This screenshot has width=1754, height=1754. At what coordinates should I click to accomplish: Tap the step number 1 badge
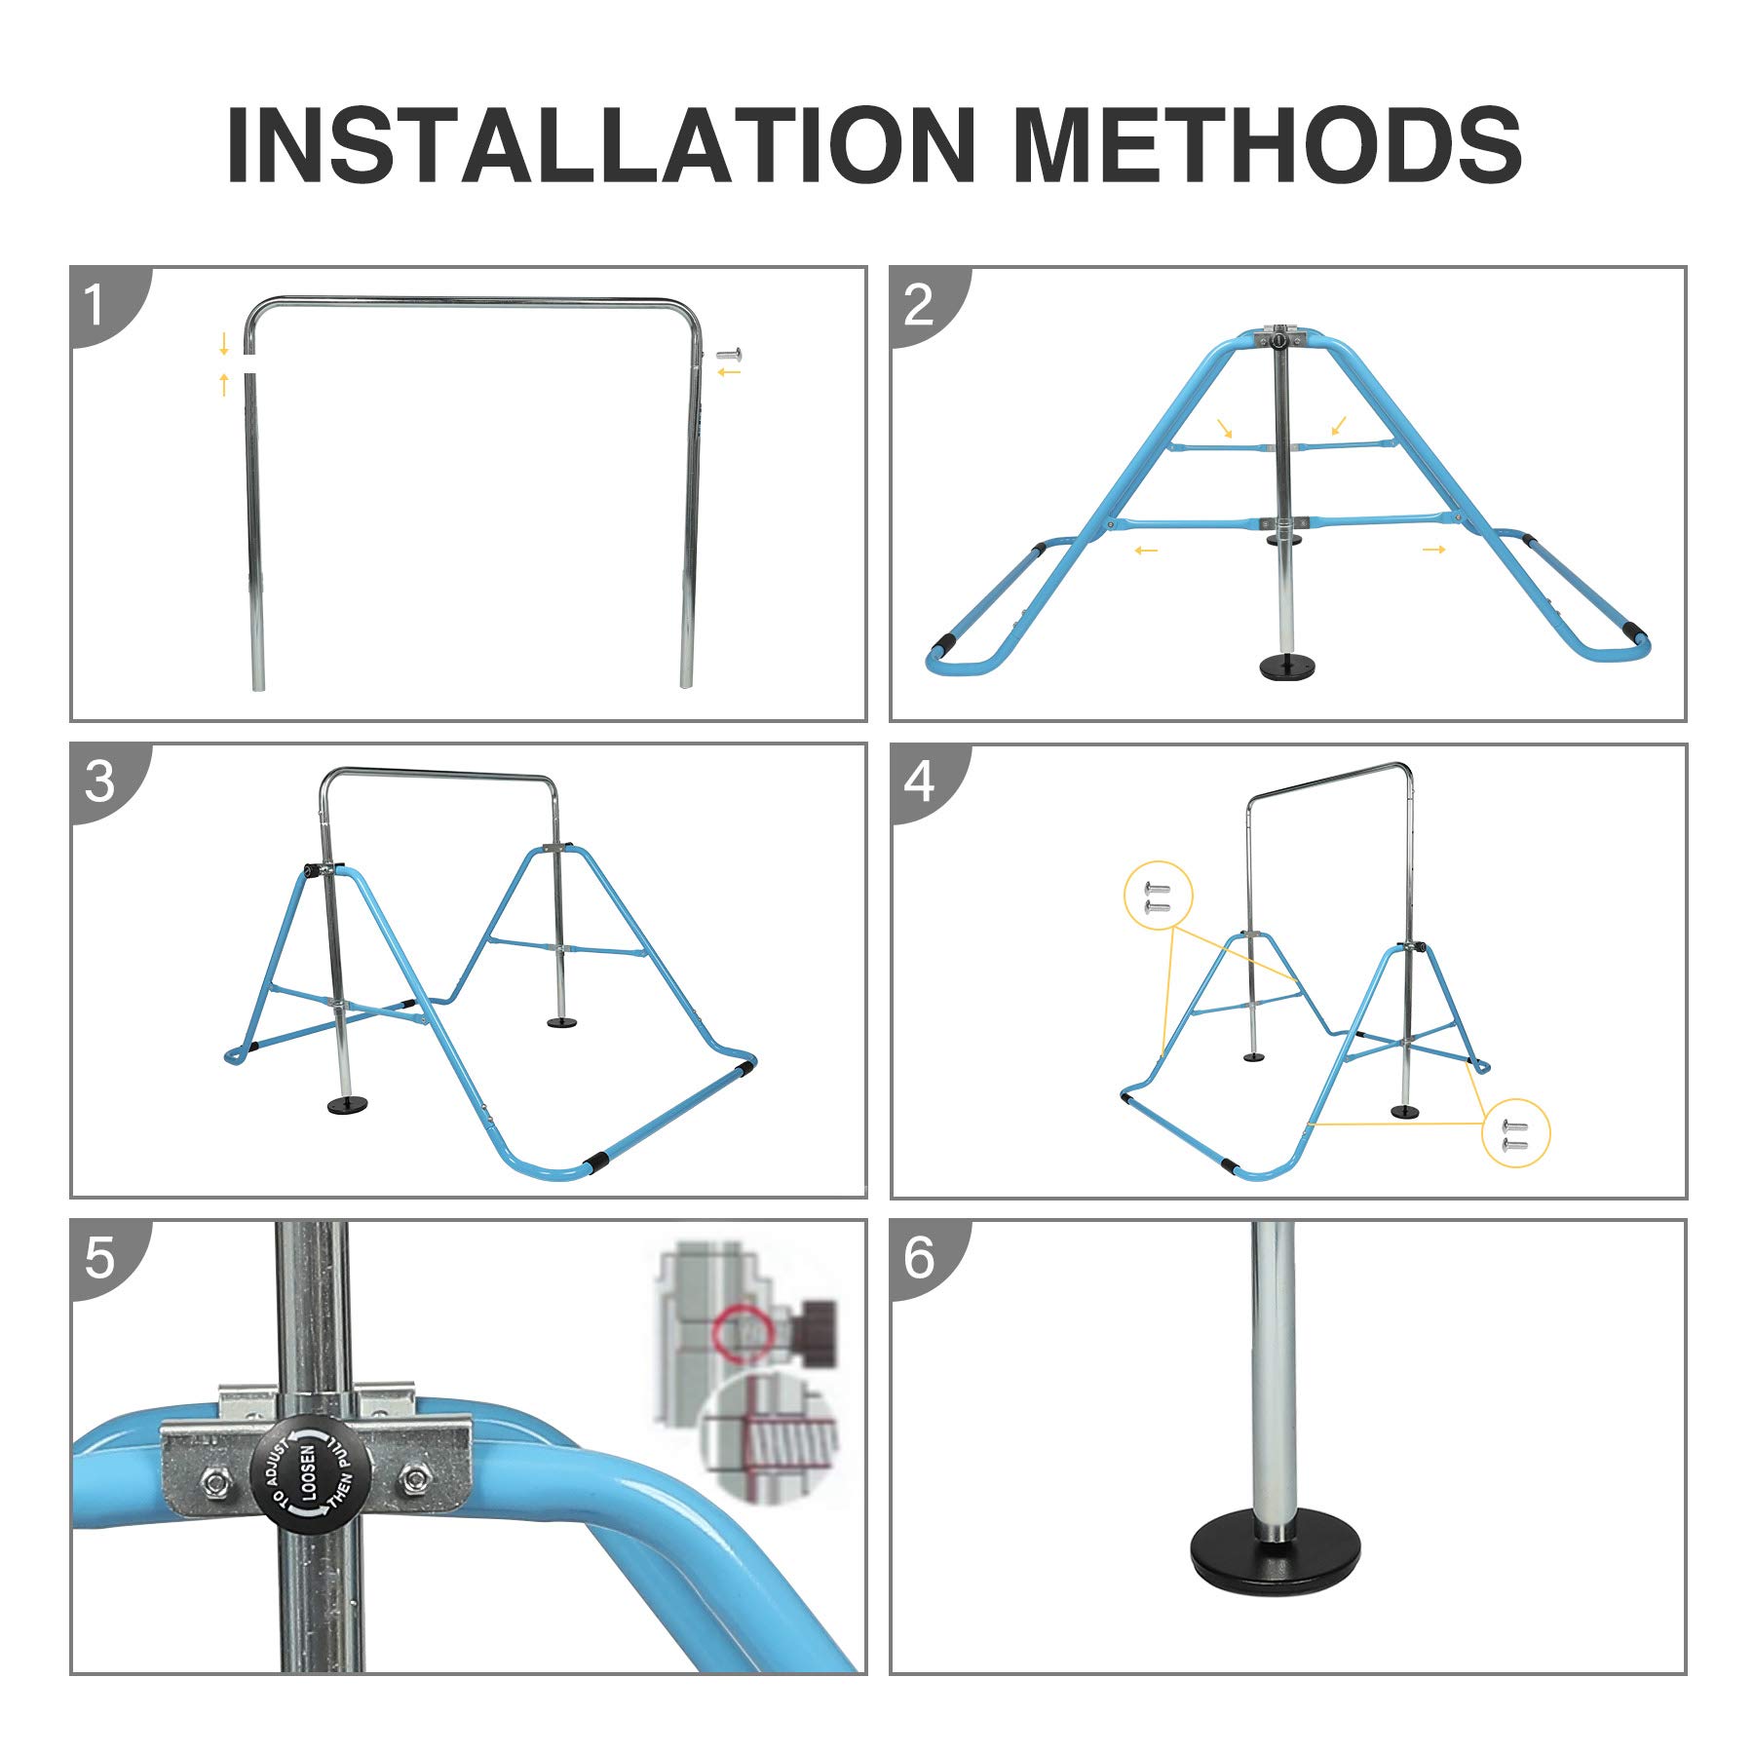pyautogui.click(x=95, y=305)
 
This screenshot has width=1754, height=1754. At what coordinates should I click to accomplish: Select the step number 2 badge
pyautogui.click(x=918, y=305)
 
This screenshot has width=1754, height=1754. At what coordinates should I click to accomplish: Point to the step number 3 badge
pyautogui.click(x=99, y=782)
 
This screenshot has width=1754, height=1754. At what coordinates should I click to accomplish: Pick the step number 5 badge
pyautogui.click(x=99, y=1258)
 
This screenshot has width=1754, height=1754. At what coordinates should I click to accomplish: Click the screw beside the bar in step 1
pyautogui.click(x=729, y=356)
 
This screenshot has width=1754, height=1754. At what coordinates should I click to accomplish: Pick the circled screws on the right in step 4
pyautogui.click(x=1515, y=1133)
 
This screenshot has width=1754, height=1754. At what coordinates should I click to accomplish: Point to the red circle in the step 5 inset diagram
pyautogui.click(x=738, y=1329)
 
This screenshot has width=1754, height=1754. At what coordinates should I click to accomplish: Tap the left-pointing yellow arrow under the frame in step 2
pyautogui.click(x=1146, y=552)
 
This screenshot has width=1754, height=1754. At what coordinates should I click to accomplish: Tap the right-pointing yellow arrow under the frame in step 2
pyautogui.click(x=1433, y=550)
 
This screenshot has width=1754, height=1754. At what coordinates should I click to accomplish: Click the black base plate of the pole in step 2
pyautogui.click(x=1288, y=667)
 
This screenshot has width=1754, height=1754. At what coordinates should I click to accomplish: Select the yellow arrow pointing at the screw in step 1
pyautogui.click(x=729, y=371)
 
